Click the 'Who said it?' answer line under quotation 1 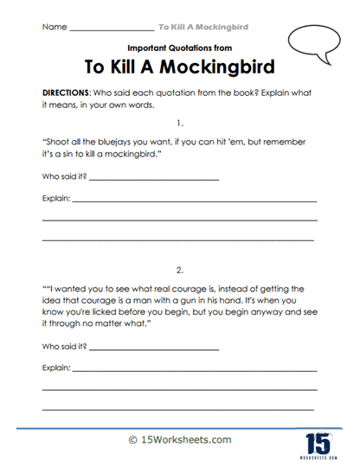(152, 178)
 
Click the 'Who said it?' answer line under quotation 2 (152, 348)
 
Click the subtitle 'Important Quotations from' (178, 48)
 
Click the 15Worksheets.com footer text (185, 440)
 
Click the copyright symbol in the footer (132, 440)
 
